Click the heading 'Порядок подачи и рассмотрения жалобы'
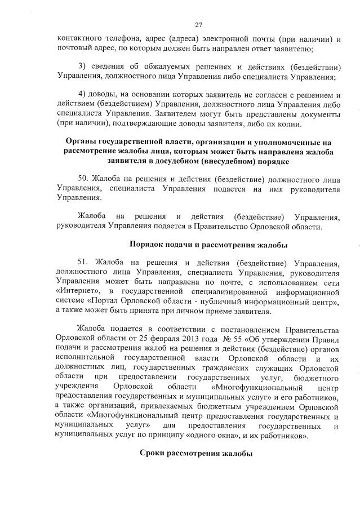208,245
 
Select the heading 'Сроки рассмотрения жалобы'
195,455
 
